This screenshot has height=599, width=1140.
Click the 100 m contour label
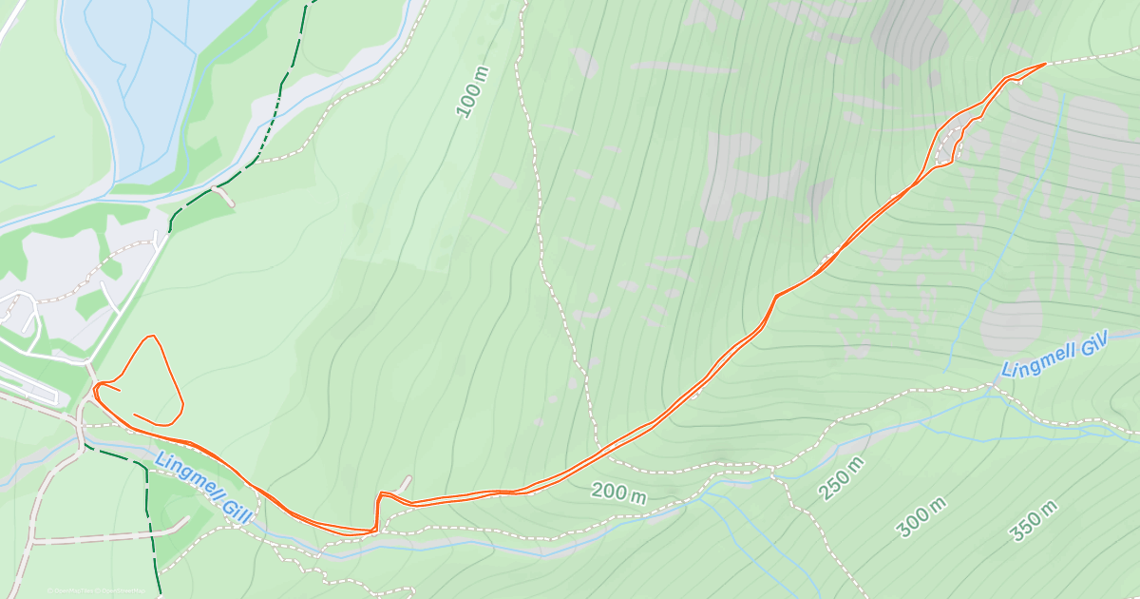point(472,93)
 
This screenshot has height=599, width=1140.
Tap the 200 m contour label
point(618,493)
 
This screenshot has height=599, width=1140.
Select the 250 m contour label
point(842,478)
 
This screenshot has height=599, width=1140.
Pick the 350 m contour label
point(1034,521)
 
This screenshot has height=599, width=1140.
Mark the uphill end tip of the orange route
point(1045,64)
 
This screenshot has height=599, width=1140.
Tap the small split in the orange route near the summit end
point(948,143)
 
